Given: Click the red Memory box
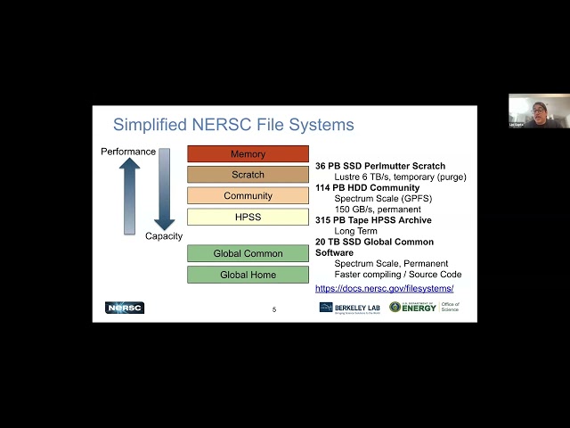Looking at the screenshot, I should point(248,154).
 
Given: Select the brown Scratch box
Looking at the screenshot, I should point(248,175).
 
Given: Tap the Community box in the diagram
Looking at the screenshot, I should point(248,195).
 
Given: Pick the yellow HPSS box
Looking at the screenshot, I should point(248,217).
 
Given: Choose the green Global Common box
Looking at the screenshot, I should point(248,254).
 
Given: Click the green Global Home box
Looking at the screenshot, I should point(248,275).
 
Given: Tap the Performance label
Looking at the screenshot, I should point(128,152).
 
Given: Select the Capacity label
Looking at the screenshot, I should point(164,236).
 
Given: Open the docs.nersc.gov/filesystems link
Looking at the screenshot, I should point(384,289).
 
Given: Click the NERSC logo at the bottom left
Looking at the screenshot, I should point(125,308).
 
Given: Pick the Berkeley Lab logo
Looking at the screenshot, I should point(349,308).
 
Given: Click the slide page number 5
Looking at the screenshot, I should point(274,309).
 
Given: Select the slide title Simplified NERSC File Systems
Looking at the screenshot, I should point(233,125).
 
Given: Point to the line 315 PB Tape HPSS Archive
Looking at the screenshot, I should point(373,220).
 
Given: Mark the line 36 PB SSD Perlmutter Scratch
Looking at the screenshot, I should point(380,166).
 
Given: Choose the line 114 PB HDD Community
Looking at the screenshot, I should point(367,188).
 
